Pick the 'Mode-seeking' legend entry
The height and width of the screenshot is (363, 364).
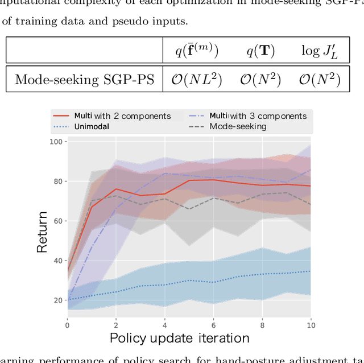click(238, 126)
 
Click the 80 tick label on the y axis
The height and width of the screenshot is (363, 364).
click(57, 181)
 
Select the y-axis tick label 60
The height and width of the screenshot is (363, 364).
click(57, 221)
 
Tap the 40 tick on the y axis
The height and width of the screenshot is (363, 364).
click(57, 261)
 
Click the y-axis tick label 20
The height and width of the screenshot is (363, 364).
click(57, 300)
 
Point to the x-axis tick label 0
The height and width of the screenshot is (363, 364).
click(67, 325)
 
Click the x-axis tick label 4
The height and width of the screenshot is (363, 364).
click(165, 325)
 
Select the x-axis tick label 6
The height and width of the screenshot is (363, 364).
click(213, 325)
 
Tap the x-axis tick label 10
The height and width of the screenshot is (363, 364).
click(311, 325)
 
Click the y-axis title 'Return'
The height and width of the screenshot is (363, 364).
click(43, 232)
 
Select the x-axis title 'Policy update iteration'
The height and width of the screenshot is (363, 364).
click(179, 339)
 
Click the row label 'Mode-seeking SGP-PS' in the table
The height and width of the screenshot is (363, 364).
click(84, 80)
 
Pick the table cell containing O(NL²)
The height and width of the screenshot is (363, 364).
click(196, 80)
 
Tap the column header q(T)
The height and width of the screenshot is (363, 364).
click(260, 51)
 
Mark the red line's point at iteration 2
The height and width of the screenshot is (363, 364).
click(116, 189)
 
